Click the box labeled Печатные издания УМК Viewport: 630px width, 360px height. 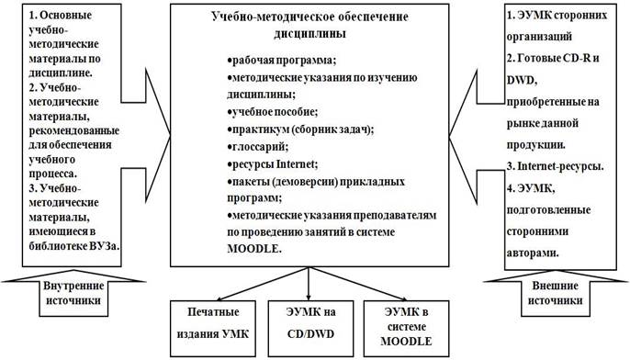(x=213, y=329)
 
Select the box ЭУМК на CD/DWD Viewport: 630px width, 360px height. (x=310, y=329)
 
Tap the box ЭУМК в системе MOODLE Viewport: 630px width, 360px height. (x=406, y=329)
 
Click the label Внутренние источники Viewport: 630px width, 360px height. (x=73, y=293)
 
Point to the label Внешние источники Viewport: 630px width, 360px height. (x=555, y=293)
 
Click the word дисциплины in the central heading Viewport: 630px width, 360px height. (x=309, y=33)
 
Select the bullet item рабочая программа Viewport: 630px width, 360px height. (x=282, y=61)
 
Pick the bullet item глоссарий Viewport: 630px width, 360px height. (x=258, y=147)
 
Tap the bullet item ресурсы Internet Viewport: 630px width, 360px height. (x=273, y=164)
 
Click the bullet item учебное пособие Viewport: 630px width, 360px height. (x=273, y=112)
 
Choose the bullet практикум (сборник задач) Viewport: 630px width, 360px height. (x=300, y=129)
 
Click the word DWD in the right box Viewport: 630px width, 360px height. (x=522, y=80)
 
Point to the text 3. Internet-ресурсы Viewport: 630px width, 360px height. (x=555, y=166)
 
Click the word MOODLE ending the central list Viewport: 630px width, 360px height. (x=254, y=249)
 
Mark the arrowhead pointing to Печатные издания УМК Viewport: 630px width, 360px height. (x=220, y=298)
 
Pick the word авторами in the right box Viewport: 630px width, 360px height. (x=533, y=253)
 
